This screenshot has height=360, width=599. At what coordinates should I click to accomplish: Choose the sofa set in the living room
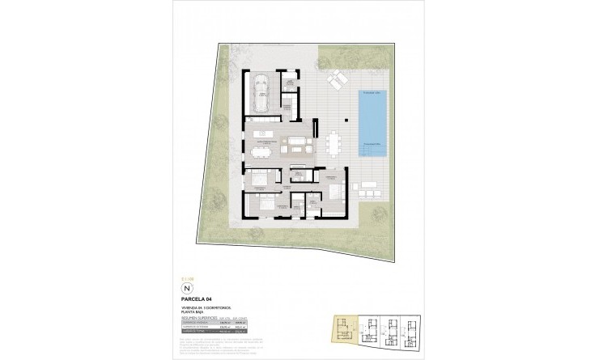(x=295, y=146)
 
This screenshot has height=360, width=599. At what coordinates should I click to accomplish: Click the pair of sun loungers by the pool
(x=335, y=82)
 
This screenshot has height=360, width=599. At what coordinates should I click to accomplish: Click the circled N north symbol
(x=188, y=288)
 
